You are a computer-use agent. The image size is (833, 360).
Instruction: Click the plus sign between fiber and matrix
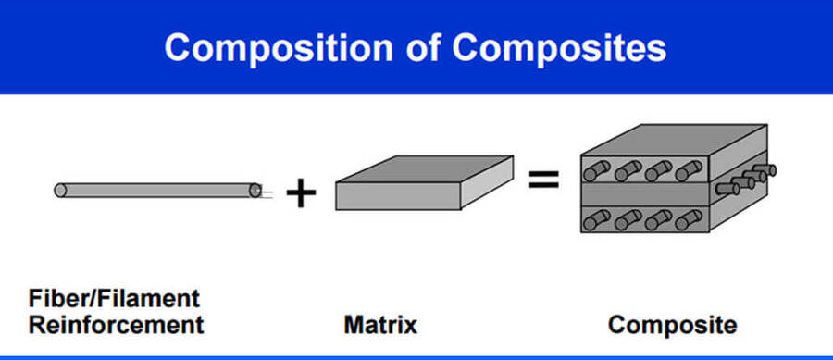click(301, 192)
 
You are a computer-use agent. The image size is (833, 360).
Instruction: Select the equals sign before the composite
click(544, 179)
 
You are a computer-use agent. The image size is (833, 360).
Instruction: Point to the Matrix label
click(379, 326)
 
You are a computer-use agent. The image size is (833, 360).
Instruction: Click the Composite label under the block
click(673, 326)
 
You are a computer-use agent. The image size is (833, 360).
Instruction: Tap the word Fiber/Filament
click(115, 299)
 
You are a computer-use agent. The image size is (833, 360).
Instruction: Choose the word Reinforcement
click(115, 326)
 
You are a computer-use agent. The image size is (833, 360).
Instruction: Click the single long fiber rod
click(157, 190)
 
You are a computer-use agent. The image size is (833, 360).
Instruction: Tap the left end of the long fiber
click(60, 190)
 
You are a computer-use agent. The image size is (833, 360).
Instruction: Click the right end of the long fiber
click(255, 191)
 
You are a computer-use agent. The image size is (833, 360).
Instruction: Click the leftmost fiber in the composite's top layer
click(595, 171)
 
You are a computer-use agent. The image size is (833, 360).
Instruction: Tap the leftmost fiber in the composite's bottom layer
click(595, 220)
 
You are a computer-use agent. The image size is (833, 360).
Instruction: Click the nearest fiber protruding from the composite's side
click(731, 187)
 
